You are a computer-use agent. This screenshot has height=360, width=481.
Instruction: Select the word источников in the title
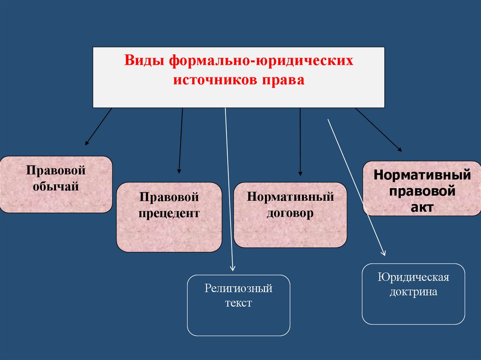(214, 80)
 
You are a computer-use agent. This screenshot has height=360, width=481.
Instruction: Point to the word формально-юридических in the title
(261, 62)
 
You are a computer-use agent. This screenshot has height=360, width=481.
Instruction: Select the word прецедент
(169, 214)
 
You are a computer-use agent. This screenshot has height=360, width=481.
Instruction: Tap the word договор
(290, 214)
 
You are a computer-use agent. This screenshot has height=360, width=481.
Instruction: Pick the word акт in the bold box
(423, 207)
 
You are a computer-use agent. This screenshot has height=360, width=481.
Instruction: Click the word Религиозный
(239, 288)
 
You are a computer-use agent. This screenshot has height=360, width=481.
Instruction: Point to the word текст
(239, 303)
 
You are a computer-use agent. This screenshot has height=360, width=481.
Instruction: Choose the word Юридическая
(413, 277)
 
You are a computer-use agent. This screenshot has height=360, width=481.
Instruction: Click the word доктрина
(413, 291)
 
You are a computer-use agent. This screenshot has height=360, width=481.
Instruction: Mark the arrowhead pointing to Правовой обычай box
(87, 142)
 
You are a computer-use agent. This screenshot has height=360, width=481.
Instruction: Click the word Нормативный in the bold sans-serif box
(422, 176)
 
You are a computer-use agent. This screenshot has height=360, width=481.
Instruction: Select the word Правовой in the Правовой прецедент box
(169, 197)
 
